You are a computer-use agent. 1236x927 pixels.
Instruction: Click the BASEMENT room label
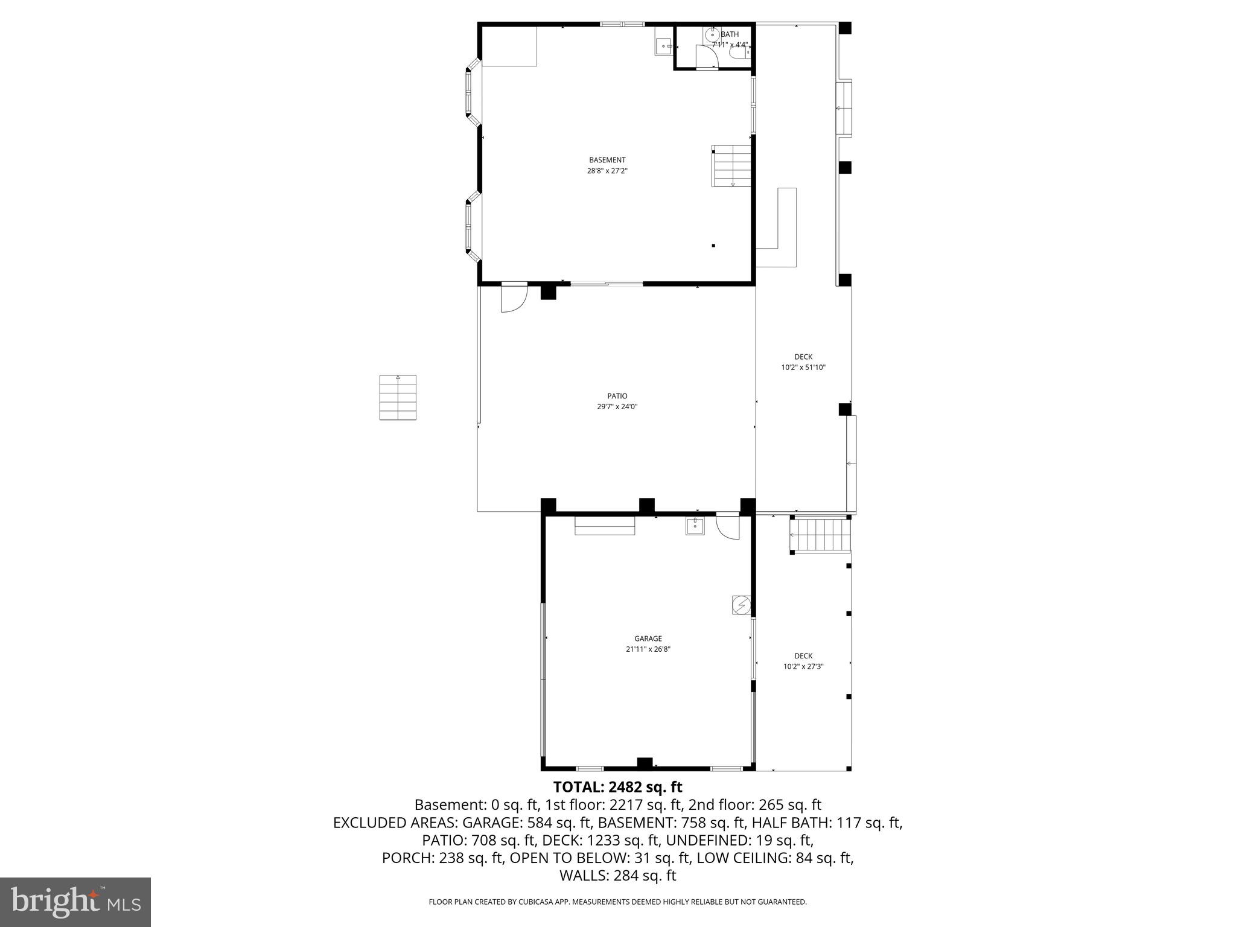(607, 160)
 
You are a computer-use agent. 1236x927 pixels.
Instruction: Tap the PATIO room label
(617, 396)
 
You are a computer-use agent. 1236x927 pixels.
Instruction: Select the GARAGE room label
(648, 639)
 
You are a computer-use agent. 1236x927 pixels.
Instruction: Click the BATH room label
(730, 34)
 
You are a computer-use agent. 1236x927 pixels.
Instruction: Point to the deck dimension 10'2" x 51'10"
(803, 367)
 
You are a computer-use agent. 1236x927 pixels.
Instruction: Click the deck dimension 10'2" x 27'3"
(803, 666)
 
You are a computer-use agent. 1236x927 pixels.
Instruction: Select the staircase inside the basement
(731, 166)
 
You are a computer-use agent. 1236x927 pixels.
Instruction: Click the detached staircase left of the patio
(398, 397)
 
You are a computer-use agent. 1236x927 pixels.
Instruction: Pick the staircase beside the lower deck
(821, 535)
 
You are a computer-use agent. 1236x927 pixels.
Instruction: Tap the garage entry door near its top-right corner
(728, 526)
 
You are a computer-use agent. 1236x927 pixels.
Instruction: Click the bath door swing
(706, 57)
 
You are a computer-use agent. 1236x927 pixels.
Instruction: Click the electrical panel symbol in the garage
(741, 605)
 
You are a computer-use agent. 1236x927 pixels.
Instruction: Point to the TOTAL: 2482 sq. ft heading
(617, 787)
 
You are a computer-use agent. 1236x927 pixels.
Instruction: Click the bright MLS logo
(75, 902)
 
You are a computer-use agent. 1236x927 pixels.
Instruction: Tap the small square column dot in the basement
(713, 246)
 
